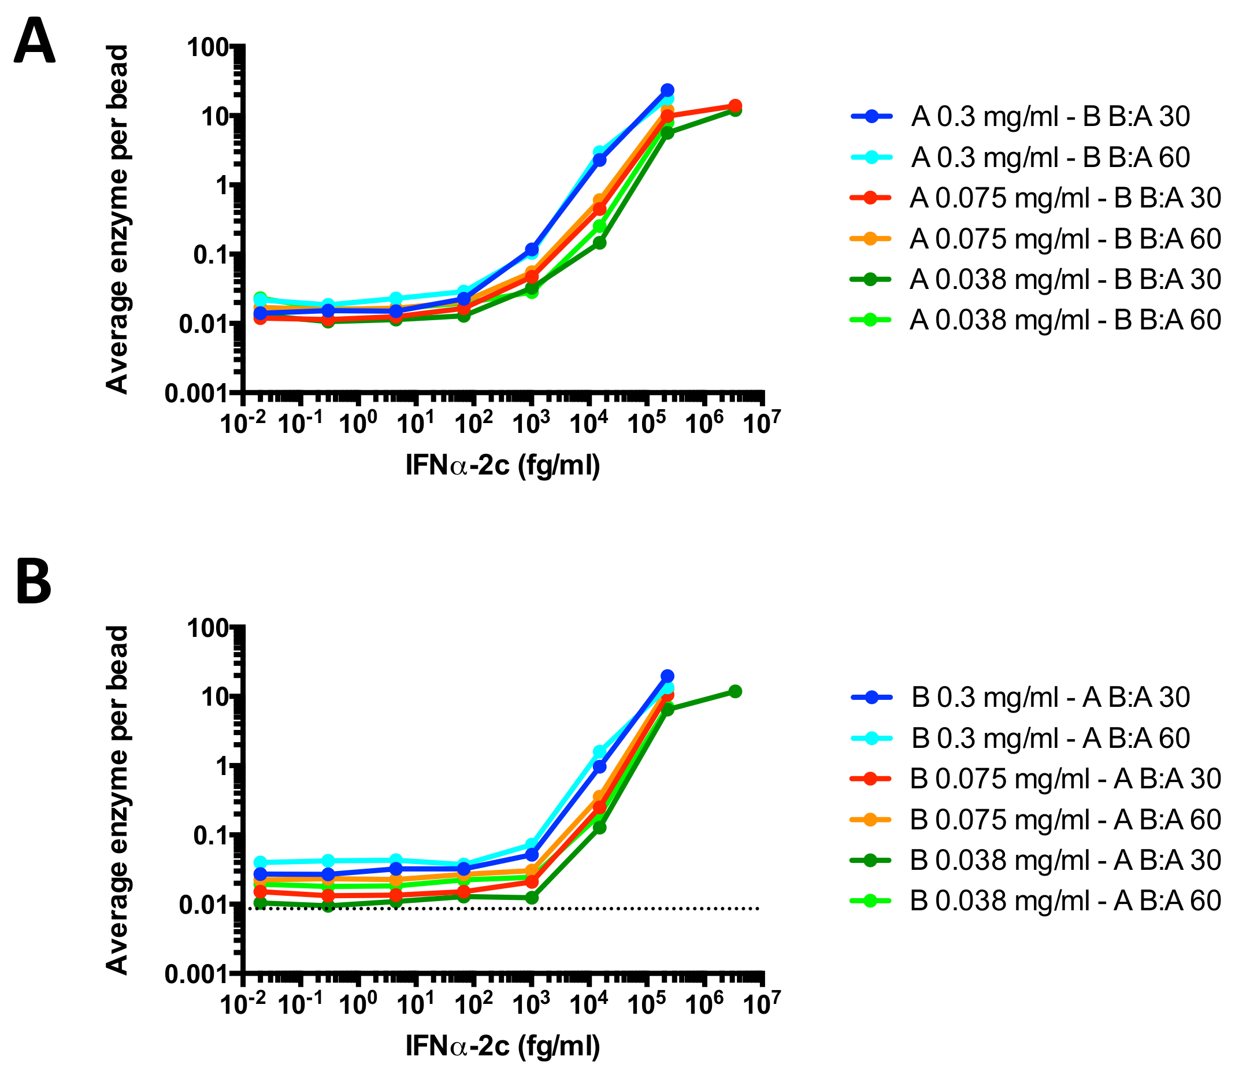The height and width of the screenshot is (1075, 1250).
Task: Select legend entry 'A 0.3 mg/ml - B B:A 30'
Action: click(x=1050, y=116)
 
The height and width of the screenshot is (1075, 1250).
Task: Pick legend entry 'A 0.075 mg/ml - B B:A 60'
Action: click(x=1066, y=239)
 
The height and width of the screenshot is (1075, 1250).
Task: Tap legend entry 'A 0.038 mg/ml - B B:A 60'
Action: click(x=1066, y=320)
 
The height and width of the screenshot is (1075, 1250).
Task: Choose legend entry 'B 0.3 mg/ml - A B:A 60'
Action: click(x=1050, y=738)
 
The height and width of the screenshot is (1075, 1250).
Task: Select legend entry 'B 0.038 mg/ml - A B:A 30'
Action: click(x=1066, y=859)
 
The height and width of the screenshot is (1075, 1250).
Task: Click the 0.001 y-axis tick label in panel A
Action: click(x=196, y=394)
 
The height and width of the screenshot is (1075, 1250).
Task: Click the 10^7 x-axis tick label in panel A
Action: click(x=762, y=422)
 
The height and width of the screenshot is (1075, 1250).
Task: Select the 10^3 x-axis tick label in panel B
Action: click(x=531, y=1004)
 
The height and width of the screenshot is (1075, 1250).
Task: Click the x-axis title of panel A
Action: click(x=503, y=466)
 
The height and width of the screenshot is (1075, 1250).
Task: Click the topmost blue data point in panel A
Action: click(x=667, y=90)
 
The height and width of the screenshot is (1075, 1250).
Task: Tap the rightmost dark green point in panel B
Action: click(x=735, y=691)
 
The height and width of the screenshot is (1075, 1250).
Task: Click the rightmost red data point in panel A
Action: click(x=735, y=106)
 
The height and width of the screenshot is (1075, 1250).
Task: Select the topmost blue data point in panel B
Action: click(x=667, y=676)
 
